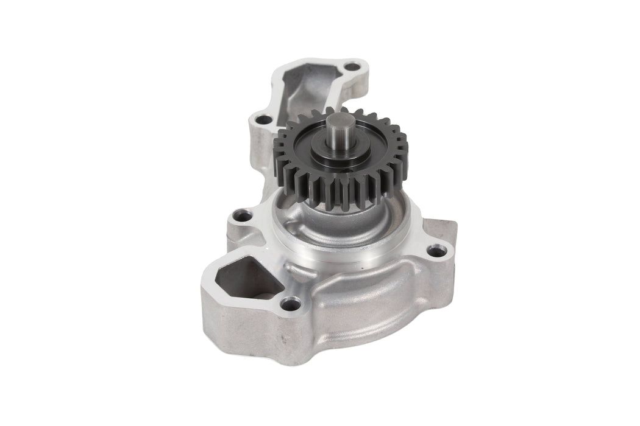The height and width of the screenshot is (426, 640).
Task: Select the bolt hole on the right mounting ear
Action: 434,250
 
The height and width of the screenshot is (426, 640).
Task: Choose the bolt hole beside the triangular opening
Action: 291,302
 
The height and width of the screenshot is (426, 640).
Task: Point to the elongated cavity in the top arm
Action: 305,85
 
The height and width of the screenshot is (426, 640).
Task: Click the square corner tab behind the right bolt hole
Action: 443,229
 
